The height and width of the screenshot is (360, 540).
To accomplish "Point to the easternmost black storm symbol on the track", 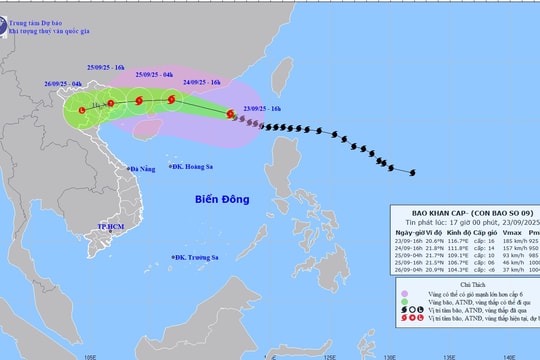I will click(x=412, y=172).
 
